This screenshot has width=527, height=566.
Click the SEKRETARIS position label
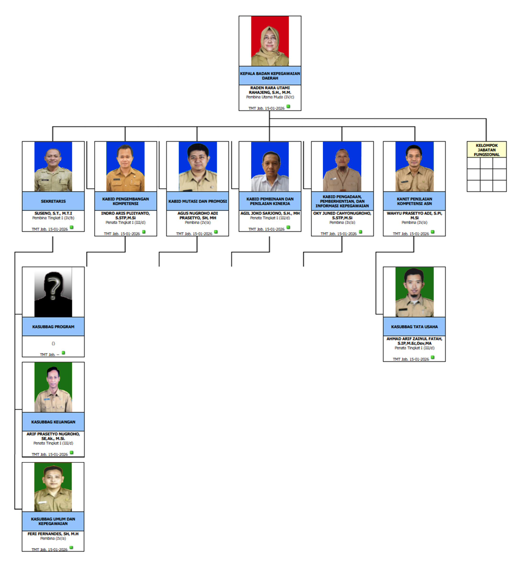53,201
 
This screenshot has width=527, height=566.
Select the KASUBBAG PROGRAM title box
53,327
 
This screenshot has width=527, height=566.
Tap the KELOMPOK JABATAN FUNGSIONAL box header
486,150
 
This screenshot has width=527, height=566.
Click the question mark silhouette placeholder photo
53,292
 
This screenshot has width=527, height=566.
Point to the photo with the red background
269,41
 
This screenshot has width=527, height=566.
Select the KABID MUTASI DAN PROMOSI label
197,201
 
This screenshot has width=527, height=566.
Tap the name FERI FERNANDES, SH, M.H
53,533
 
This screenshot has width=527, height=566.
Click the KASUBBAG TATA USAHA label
414,327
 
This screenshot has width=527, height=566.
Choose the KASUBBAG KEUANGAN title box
53,422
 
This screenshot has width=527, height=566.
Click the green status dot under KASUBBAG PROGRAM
63,353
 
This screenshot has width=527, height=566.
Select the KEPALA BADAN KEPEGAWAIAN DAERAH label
269,75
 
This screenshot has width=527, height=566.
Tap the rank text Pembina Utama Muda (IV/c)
269,97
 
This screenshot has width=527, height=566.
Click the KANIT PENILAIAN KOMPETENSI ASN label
414,201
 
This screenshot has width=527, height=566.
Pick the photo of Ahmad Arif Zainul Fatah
414,292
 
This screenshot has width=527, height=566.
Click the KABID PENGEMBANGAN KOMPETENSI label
125,201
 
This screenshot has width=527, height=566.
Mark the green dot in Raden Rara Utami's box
288,107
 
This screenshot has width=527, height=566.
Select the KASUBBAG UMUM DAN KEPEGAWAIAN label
53,521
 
